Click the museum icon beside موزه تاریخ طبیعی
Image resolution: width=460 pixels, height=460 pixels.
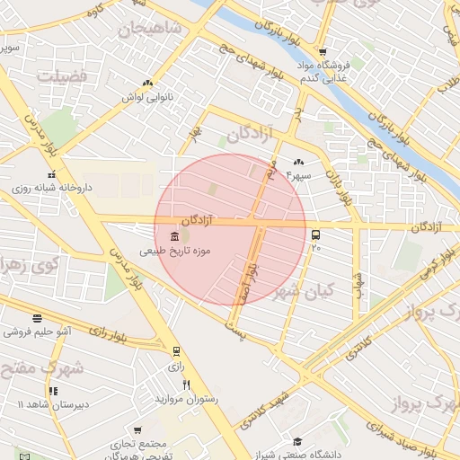(x=173, y=235)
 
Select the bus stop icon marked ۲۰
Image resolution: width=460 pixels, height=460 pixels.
(x=315, y=236)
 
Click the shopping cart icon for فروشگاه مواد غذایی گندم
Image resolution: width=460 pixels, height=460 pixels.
(x=322, y=51)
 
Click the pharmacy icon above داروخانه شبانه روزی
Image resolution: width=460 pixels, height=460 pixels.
(x=52, y=173)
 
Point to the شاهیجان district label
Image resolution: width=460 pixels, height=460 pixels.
(x=150, y=30)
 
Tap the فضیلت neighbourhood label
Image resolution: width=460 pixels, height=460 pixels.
(x=62, y=76)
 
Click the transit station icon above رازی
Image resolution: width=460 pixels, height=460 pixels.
(x=176, y=351)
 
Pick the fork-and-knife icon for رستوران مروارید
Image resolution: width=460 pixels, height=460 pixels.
(x=186, y=384)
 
